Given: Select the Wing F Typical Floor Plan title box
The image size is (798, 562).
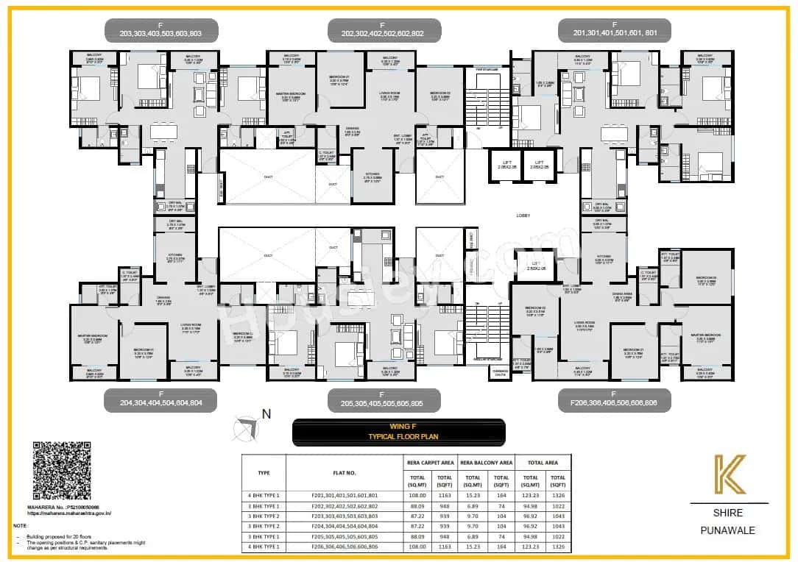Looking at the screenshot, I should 398,433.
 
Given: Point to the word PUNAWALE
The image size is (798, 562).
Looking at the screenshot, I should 728,530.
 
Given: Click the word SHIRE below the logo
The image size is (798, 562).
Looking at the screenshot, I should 728,513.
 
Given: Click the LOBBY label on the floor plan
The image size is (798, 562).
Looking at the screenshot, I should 523,216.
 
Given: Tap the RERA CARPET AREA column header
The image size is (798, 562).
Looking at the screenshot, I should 431,463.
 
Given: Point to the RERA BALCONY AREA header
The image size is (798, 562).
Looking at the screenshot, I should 486,463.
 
